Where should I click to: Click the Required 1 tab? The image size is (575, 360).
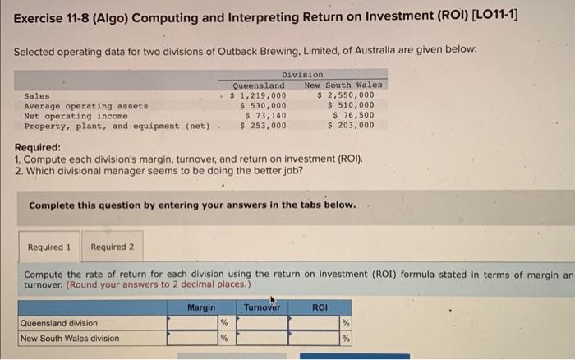point(49,247)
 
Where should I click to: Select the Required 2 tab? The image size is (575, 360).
point(113,247)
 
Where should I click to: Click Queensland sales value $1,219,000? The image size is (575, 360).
point(258,95)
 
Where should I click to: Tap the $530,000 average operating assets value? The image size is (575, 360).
point(263,105)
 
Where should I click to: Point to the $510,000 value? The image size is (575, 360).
point(351,105)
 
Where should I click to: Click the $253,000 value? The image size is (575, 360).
point(263,126)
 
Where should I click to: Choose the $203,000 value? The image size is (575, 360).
point(351,126)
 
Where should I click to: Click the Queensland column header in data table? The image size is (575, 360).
point(259,85)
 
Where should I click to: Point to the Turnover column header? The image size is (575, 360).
point(262,307)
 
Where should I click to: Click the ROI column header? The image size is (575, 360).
point(320,307)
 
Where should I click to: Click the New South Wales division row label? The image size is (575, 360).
point(70,339)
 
